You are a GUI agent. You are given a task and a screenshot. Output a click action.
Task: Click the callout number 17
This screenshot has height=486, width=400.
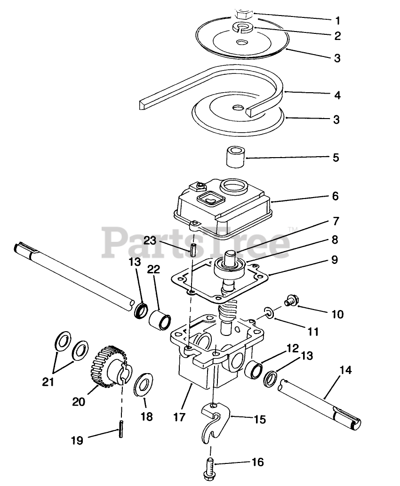pyautogui.click(x=179, y=417)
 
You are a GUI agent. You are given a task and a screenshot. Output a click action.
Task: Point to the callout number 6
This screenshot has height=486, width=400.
pyautogui.click(x=335, y=196)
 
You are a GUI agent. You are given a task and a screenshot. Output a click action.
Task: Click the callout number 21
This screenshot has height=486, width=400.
pyautogui.click(x=48, y=382)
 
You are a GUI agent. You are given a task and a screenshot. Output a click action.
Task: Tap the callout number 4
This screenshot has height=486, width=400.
pyautogui.click(x=337, y=95)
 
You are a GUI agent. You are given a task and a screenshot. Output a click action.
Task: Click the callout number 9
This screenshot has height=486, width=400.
pyautogui.click(x=335, y=259)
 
